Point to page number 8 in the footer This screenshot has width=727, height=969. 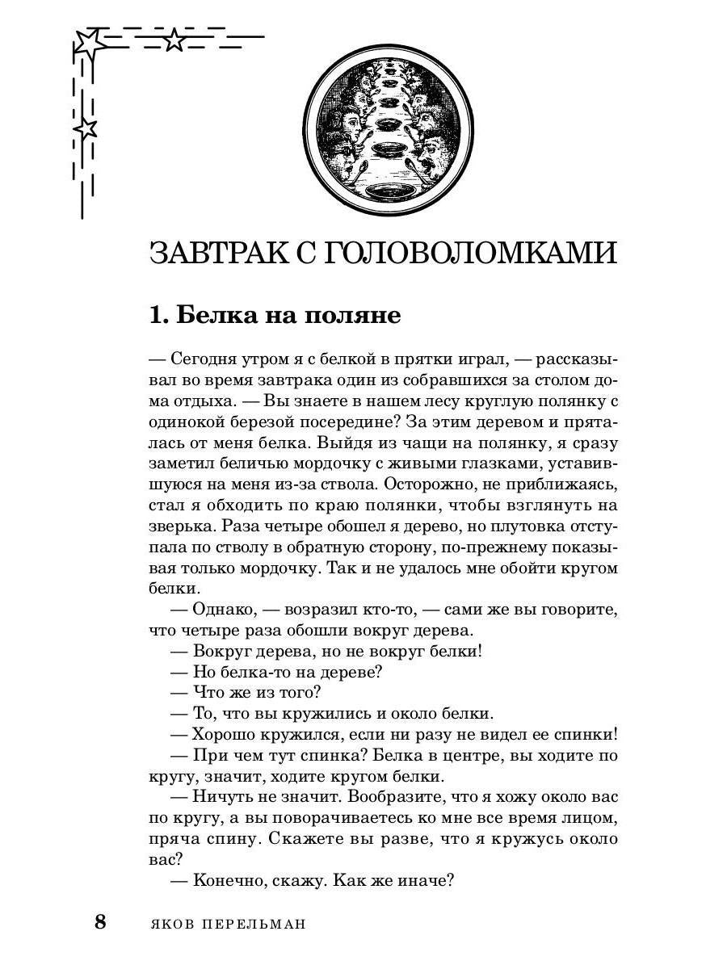pyautogui.click(x=100, y=922)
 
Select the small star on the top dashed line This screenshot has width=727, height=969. pyautogui.click(x=174, y=40)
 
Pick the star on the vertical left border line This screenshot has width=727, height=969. pyautogui.click(x=86, y=128)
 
